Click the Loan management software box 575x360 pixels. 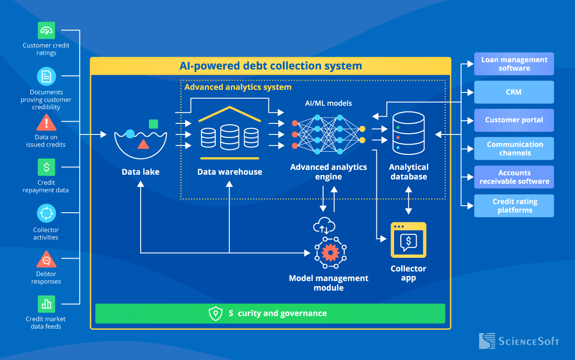(x=514, y=64)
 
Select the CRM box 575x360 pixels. (x=514, y=92)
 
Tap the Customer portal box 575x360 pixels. (x=514, y=120)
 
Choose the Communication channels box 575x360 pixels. (x=514, y=149)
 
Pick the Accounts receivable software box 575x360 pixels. (x=514, y=177)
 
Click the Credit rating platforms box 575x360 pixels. (x=514, y=206)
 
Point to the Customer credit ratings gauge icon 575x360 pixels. (x=46, y=31)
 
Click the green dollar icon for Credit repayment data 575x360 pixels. (x=46, y=167)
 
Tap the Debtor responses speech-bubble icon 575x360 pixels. (x=46, y=260)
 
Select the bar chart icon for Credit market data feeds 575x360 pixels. (x=46, y=304)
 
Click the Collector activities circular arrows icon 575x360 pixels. (x=46, y=214)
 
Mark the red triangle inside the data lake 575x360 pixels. (x=143, y=144)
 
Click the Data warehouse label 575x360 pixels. (x=230, y=172)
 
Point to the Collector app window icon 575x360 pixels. (x=408, y=240)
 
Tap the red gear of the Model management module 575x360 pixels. (x=330, y=253)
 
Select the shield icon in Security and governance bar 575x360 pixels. (x=215, y=314)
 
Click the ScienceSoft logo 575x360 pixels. (x=519, y=341)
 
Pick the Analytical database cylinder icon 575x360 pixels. (x=408, y=133)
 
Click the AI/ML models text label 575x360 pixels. (x=328, y=103)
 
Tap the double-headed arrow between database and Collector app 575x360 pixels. (x=408, y=200)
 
